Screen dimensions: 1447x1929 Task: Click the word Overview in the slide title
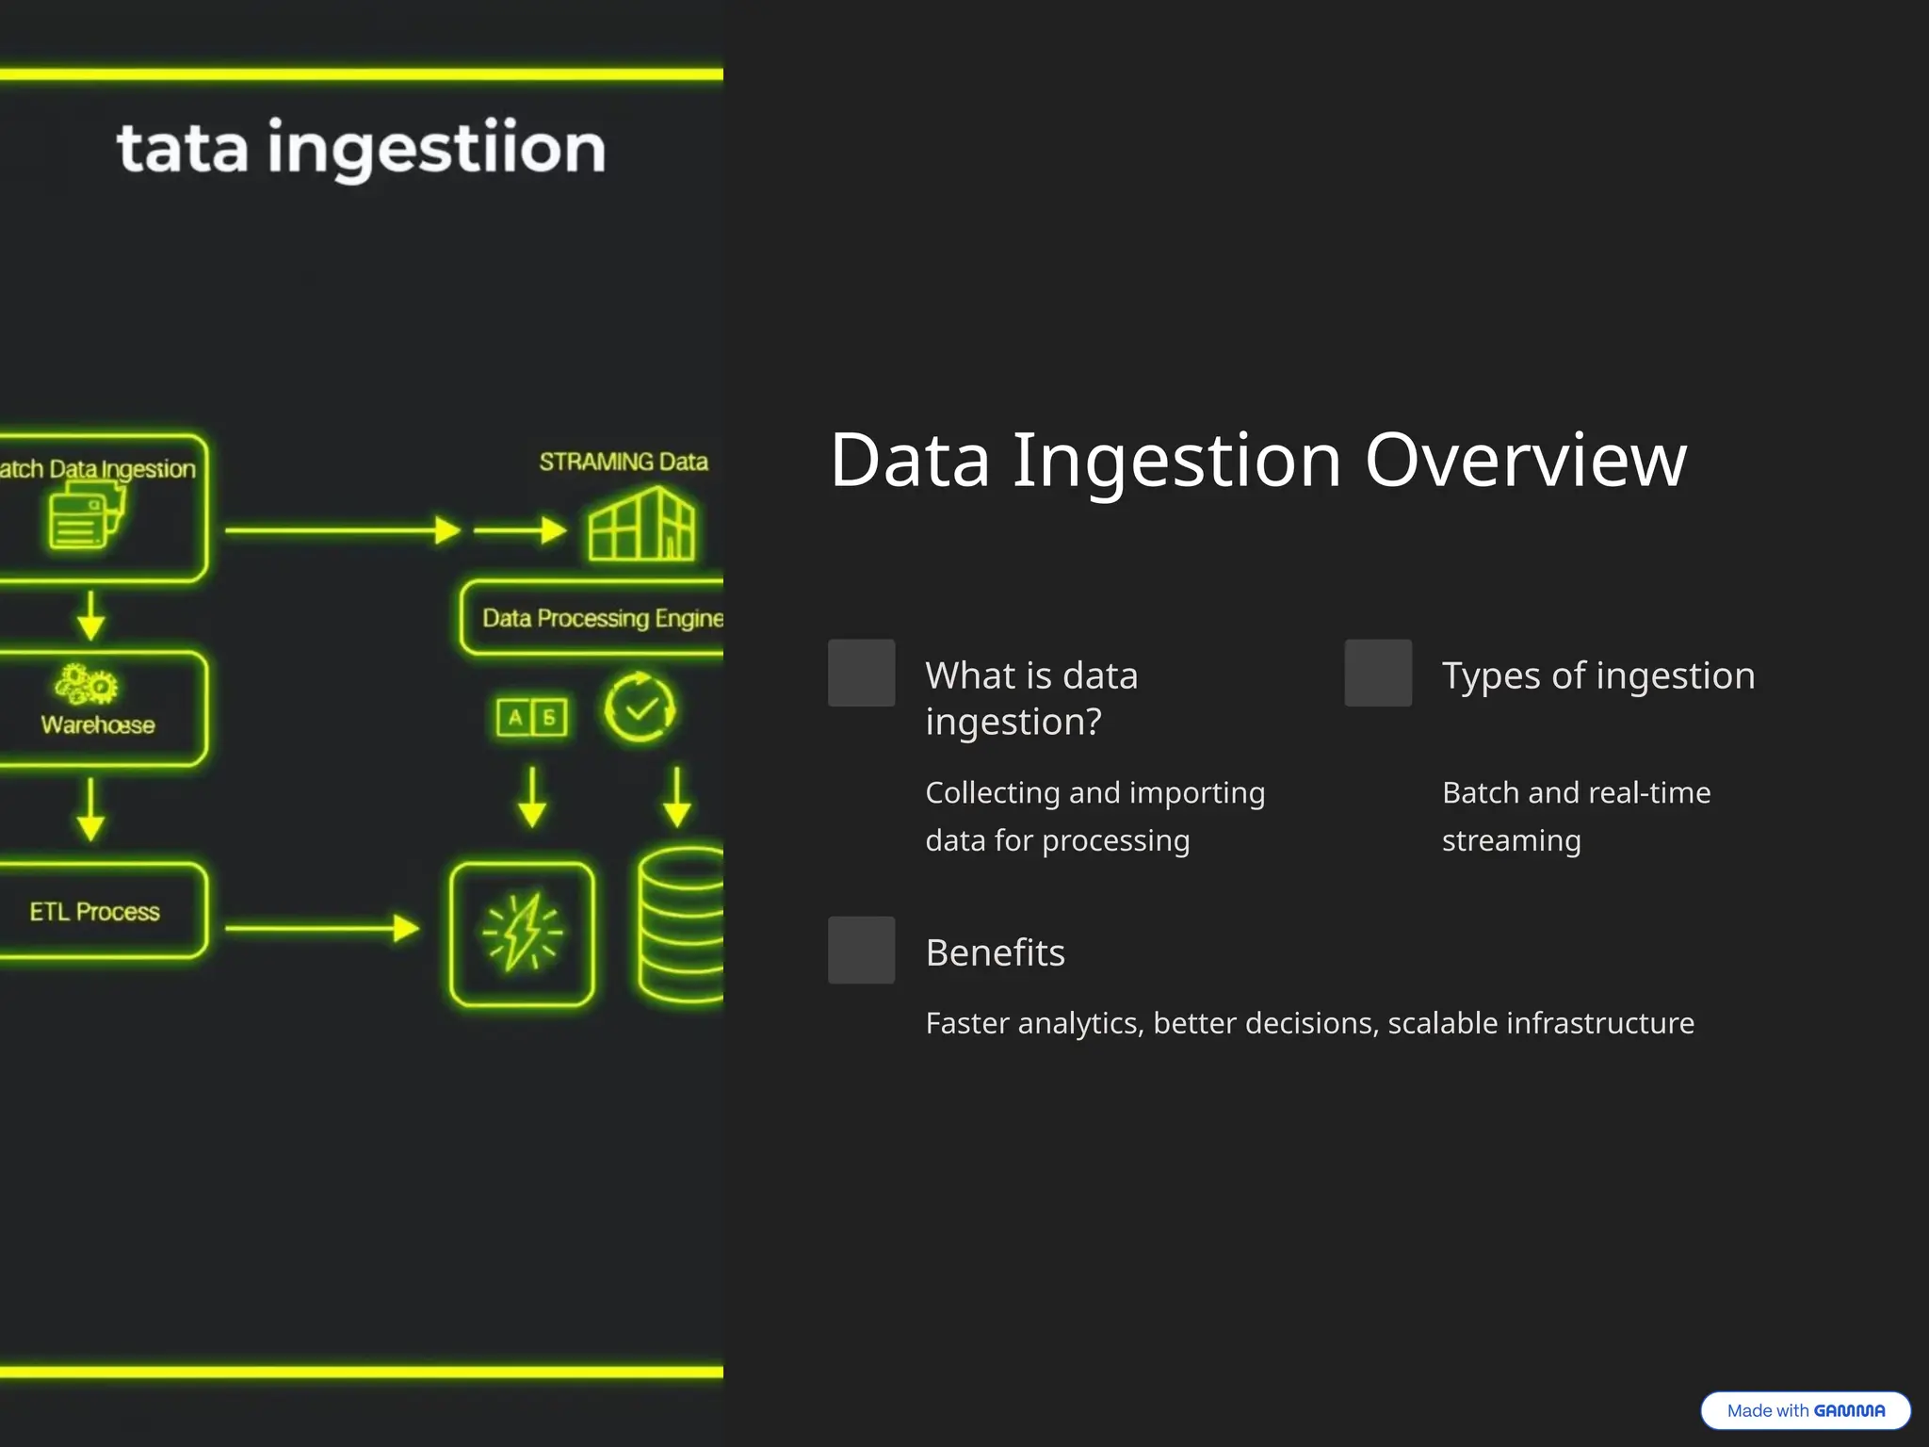pos(1525,461)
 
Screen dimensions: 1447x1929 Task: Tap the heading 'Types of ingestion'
pos(1597,675)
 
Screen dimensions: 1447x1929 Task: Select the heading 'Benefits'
pos(995,952)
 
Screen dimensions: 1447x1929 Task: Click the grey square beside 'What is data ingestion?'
pos(861,673)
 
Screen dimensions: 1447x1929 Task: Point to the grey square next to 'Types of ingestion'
pos(1377,673)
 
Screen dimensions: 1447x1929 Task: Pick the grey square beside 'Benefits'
pos(861,950)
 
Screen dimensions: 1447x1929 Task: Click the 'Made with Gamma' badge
pos(1805,1410)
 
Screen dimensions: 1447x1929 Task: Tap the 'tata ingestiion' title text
pos(361,148)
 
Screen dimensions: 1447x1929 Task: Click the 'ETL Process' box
pos(99,911)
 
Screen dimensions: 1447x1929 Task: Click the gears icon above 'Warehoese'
pos(86,684)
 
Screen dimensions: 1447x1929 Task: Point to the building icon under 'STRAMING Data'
pos(641,525)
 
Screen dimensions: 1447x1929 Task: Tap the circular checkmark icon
pos(640,707)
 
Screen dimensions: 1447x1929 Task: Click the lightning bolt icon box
pos(522,934)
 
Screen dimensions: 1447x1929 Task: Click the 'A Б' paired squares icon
pos(532,718)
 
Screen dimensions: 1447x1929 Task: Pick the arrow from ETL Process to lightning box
pos(321,929)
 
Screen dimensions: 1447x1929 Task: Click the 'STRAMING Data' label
pos(623,462)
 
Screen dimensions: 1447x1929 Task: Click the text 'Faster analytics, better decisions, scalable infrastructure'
pos(1309,1023)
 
